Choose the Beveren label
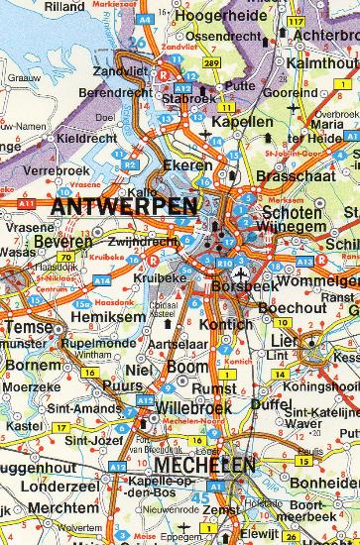[x=62, y=241]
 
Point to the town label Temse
[x=25, y=326]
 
